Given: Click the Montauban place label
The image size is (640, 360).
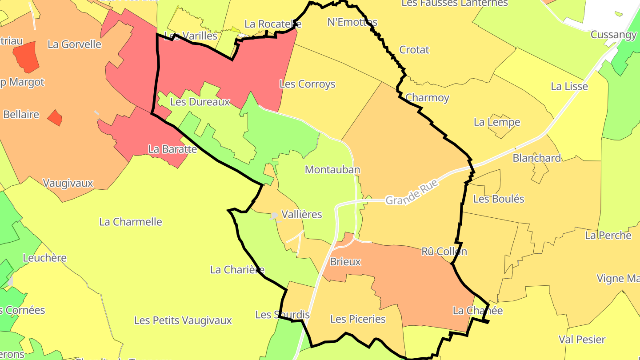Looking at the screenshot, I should pyautogui.click(x=332, y=169).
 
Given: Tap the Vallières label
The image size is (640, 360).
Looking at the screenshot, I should pyautogui.click(x=302, y=214).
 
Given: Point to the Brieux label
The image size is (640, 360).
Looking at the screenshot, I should pyautogui.click(x=345, y=262).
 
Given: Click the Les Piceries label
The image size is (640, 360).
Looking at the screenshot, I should pyautogui.click(x=358, y=319).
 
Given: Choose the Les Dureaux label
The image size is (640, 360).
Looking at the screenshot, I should pyautogui.click(x=200, y=102).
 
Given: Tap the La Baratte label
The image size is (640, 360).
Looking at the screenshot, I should pyautogui.click(x=172, y=149).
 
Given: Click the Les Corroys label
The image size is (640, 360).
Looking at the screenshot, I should pyautogui.click(x=307, y=84).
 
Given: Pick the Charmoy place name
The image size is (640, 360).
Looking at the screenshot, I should pyautogui.click(x=427, y=98).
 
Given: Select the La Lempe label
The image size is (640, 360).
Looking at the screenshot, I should pyautogui.click(x=496, y=122).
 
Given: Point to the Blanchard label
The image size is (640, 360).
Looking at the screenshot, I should pyautogui.click(x=536, y=158).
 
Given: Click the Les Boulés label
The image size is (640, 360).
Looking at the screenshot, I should pyautogui.click(x=499, y=199).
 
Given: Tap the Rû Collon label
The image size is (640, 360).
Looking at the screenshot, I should pyautogui.click(x=444, y=252).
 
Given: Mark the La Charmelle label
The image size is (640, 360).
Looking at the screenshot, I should pyautogui.click(x=131, y=222).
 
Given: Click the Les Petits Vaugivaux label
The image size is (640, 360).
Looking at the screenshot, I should pyautogui.click(x=183, y=320).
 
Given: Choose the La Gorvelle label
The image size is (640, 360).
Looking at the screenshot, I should pyautogui.click(x=74, y=44).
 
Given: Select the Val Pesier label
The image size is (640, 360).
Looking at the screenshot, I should pyautogui.click(x=582, y=340).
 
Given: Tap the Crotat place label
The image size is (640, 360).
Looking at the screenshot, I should pyautogui.click(x=414, y=50).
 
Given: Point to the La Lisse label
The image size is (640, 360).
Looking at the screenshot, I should pyautogui.click(x=569, y=86).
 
